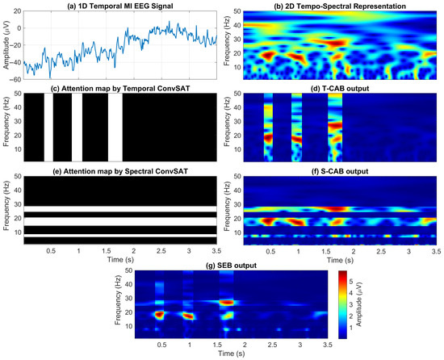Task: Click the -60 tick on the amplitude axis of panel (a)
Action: tap(16, 80)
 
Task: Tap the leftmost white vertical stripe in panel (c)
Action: tap(48, 128)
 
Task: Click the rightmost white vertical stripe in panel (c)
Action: tap(115, 128)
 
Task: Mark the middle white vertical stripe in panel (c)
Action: tap(77, 128)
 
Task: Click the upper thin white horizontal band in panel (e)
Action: tap(121, 216)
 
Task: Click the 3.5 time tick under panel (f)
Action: tap(434, 251)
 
